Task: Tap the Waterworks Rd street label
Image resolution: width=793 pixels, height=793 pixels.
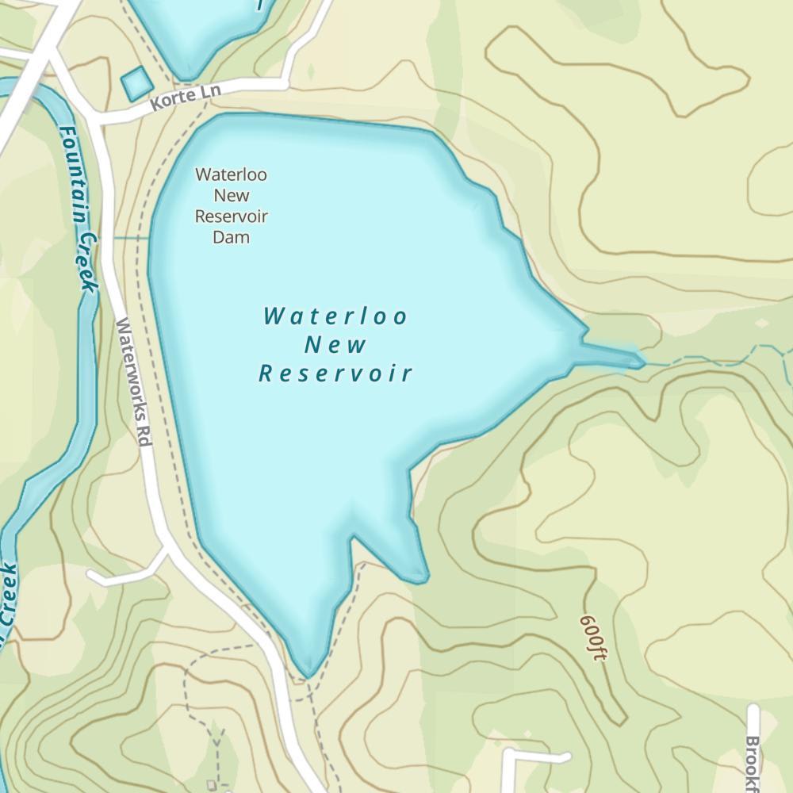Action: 133,381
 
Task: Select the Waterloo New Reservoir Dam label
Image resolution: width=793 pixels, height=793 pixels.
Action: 232,205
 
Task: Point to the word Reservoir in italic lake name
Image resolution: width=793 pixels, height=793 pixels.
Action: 336,374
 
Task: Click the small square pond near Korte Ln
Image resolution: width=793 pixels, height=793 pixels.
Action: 136,82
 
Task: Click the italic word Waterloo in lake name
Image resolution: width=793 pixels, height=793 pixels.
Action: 336,316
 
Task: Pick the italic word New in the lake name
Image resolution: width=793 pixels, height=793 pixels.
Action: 336,345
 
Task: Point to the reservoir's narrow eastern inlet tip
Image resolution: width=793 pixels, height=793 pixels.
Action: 639,361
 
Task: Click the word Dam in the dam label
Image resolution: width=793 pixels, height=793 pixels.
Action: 232,237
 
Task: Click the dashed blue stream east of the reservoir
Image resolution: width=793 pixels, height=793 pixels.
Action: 714,361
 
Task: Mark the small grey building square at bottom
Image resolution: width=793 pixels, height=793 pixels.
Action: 212,785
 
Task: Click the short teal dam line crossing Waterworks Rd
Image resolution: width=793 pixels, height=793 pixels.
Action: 131,237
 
